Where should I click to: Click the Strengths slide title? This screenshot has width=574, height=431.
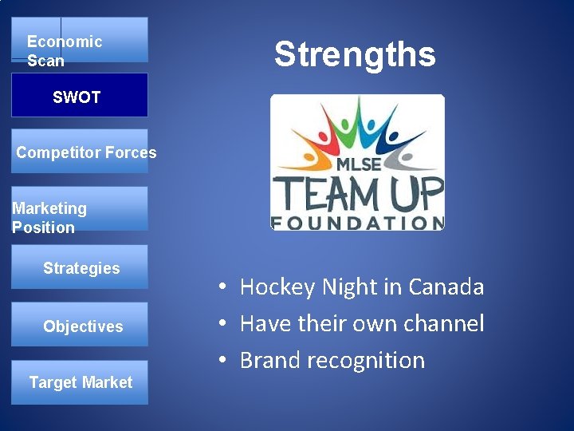(355, 54)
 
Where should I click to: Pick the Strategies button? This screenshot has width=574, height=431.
(80, 267)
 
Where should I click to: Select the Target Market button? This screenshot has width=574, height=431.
(80, 382)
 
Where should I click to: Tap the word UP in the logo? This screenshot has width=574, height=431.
(419, 193)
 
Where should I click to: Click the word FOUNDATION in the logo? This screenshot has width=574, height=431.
(357, 222)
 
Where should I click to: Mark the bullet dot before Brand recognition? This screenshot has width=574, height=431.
(226, 361)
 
